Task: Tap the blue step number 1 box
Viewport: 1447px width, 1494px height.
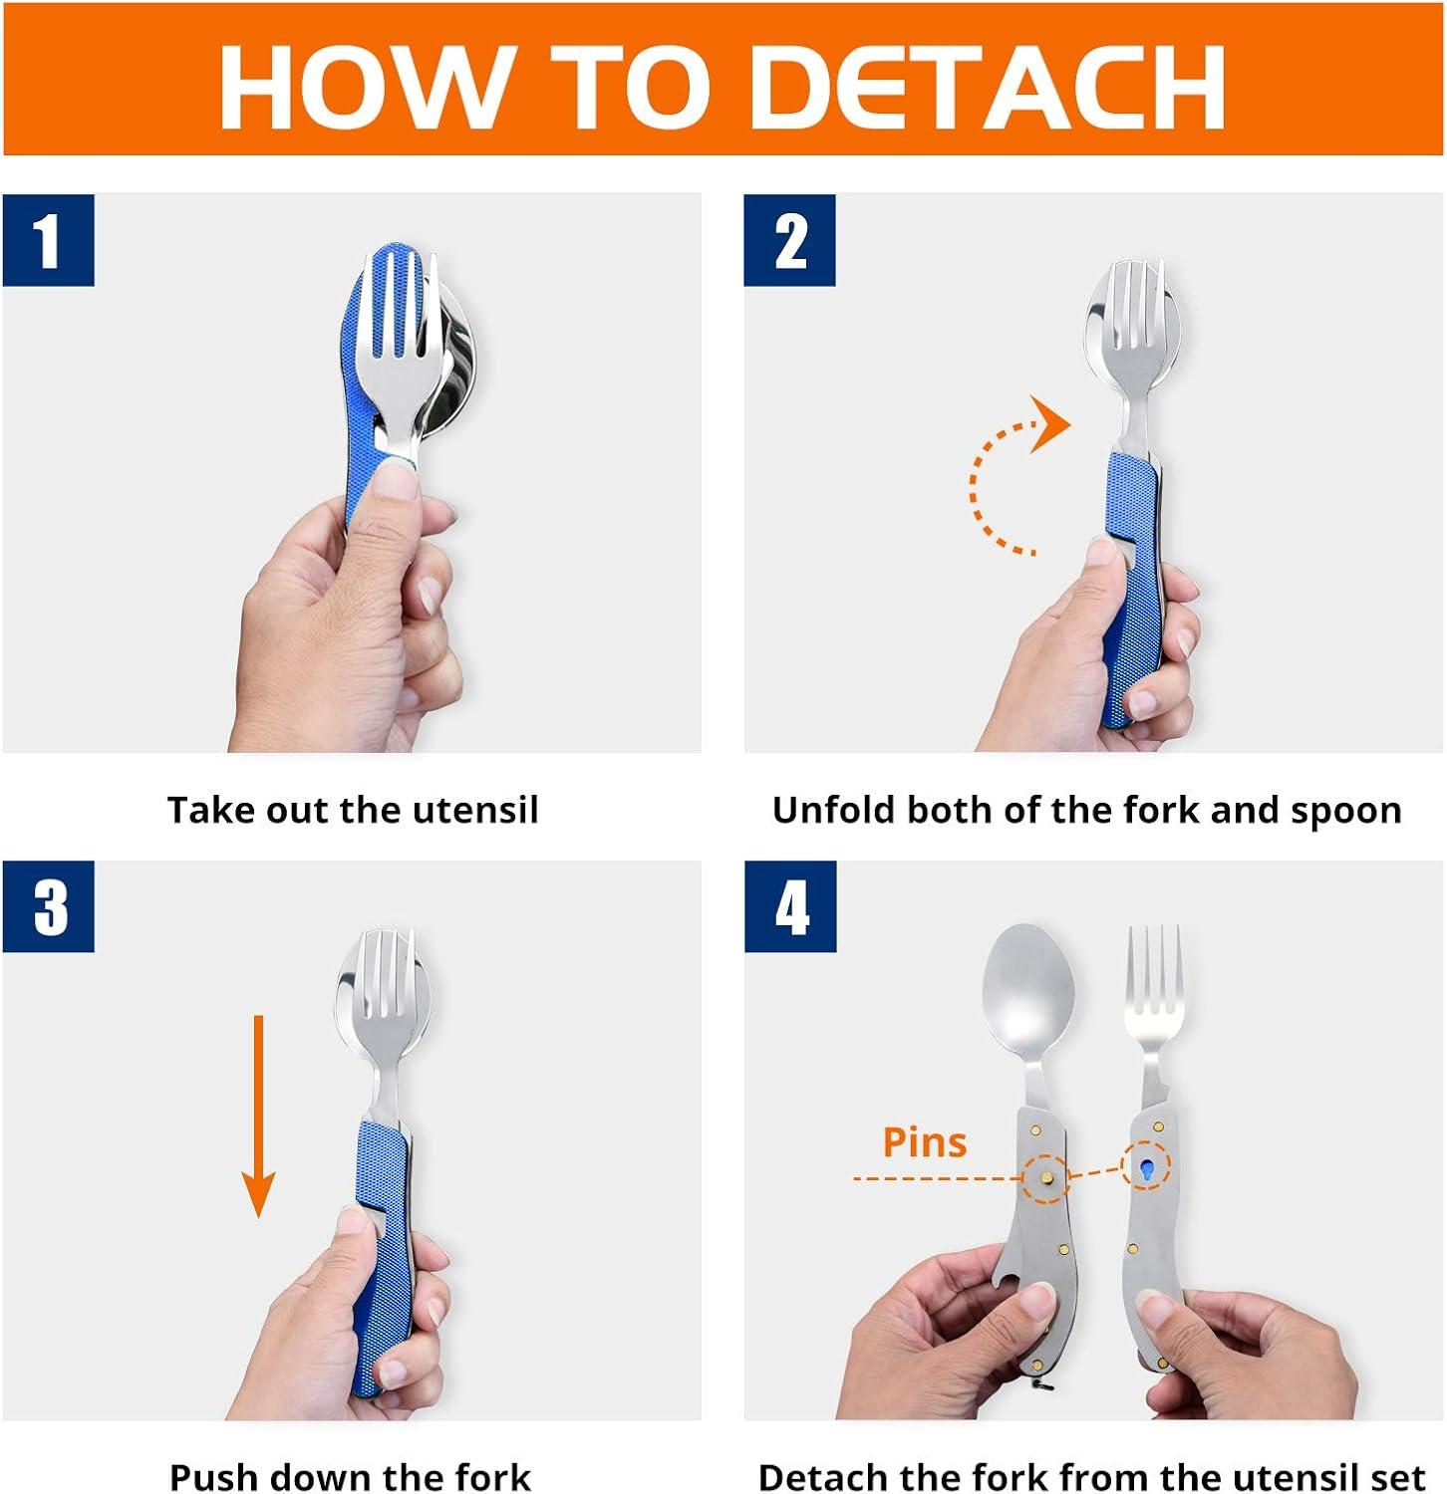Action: click(x=48, y=240)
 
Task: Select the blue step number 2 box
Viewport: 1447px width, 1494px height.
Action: click(x=789, y=240)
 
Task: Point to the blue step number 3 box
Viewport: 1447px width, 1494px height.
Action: click(x=48, y=906)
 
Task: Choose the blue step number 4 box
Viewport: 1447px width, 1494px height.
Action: click(x=790, y=906)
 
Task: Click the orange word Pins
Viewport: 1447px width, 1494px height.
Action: click(x=925, y=1142)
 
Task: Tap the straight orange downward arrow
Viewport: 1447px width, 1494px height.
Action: click(x=258, y=1116)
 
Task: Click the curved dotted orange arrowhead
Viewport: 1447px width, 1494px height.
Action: click(x=1049, y=423)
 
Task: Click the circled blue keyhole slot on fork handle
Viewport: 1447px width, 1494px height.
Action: click(x=1146, y=1169)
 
